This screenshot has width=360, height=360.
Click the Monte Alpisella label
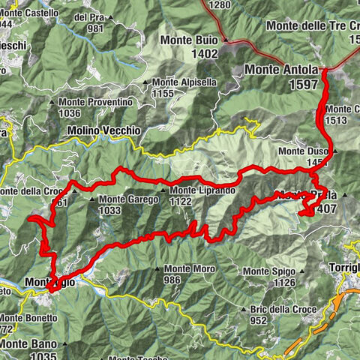(184, 82)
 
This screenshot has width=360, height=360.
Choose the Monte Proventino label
(103, 102)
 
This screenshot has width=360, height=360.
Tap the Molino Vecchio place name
(103, 130)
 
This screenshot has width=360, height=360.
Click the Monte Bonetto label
(28, 317)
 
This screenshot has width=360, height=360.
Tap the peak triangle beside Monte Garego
(92, 199)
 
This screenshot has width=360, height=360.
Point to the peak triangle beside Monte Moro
(157, 269)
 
